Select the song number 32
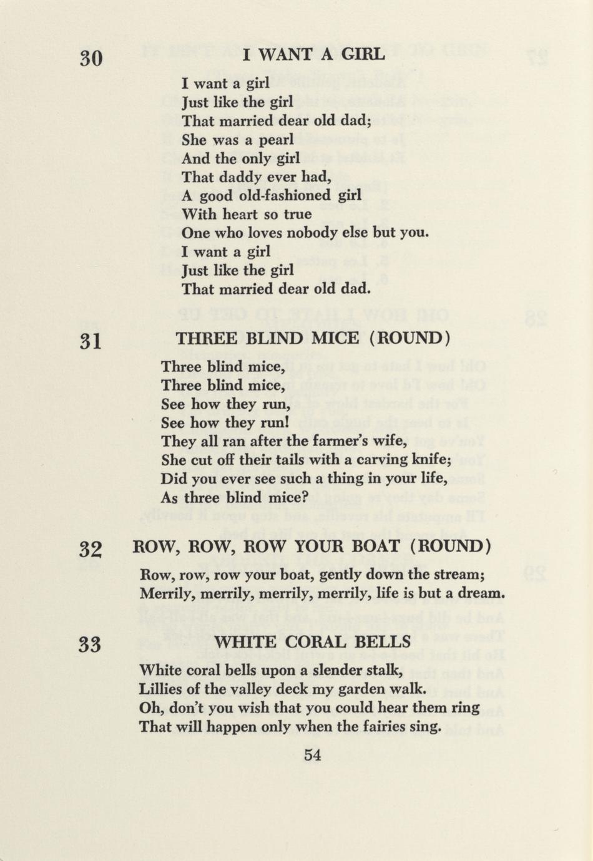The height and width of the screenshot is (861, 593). (91, 550)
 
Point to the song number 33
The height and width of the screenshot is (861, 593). (91, 643)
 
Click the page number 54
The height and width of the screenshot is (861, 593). (312, 755)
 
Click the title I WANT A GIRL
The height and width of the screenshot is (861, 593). (313, 55)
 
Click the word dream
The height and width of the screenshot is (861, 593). (480, 593)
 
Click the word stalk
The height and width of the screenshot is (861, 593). (381, 671)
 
